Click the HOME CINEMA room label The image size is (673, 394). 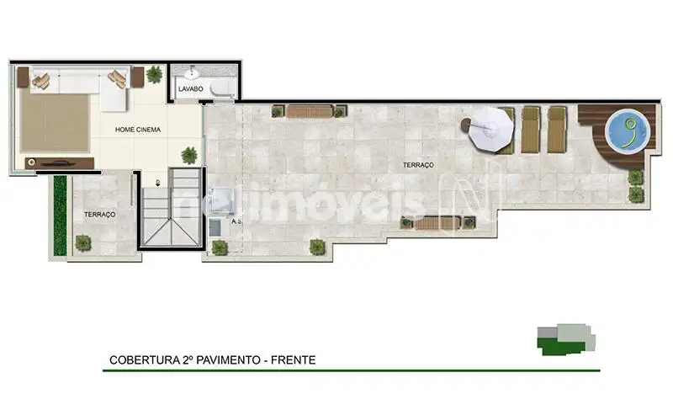[138, 130]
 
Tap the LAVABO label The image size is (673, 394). [191, 89]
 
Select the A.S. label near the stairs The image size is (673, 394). [236, 221]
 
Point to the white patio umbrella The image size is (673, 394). [490, 129]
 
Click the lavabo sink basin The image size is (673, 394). [192, 74]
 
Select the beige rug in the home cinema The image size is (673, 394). [55, 122]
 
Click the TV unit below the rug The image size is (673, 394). [60, 163]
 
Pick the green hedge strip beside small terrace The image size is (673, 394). [60, 216]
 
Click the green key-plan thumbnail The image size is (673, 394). [565, 339]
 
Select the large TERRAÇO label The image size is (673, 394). [418, 165]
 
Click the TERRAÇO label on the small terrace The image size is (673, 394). [99, 215]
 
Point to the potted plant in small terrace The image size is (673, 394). [82, 243]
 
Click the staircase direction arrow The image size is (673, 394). [157, 183]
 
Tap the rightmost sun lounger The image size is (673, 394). [557, 130]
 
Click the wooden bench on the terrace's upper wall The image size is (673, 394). [309, 112]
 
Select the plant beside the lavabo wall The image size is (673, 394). [155, 75]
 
